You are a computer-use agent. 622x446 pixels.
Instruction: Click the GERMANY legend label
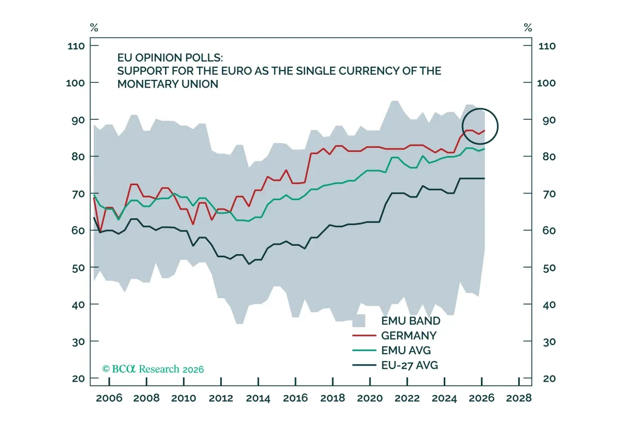point(408,336)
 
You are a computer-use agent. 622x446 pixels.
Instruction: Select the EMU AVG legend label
point(406,351)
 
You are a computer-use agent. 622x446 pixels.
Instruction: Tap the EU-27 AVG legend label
point(409,365)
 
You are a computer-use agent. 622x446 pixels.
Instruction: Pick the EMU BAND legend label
point(411,321)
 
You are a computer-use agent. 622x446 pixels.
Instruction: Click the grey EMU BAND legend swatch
point(359,321)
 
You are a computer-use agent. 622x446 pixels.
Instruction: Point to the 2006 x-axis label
point(109,398)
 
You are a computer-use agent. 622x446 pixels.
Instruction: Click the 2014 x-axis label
point(258,398)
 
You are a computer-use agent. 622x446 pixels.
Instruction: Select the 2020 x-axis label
point(370,398)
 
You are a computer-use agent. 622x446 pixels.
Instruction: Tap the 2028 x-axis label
point(519,398)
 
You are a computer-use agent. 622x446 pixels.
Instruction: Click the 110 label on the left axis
point(76,46)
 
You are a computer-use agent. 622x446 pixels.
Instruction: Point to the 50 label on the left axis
point(78,268)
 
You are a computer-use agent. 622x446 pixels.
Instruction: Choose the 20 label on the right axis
point(549,379)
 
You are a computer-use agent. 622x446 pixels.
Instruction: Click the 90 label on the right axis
point(549,120)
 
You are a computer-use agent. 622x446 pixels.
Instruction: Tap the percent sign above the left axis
point(94,27)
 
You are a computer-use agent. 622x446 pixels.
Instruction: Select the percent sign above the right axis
point(528,27)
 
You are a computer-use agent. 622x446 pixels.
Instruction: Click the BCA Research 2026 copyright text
point(153,369)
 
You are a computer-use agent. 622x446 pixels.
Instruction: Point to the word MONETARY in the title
point(148,84)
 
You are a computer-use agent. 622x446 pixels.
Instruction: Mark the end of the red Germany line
point(485,131)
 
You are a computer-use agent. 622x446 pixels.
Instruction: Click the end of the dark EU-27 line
point(485,178)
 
